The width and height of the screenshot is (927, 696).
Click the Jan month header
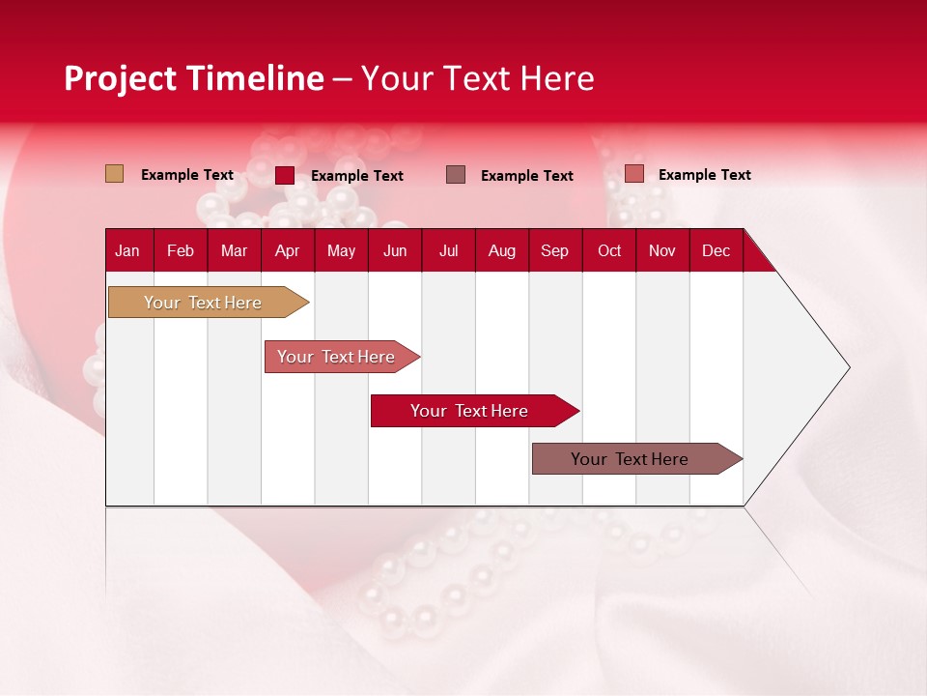(x=127, y=250)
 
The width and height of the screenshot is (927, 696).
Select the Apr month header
(x=287, y=250)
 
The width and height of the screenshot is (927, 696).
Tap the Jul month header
(x=448, y=250)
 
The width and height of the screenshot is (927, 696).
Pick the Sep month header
(x=554, y=250)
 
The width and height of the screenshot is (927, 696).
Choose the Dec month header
(x=716, y=250)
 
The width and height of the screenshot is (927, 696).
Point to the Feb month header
(x=181, y=250)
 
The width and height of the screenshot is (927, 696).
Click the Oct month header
(x=608, y=250)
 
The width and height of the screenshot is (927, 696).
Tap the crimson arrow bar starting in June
(x=470, y=411)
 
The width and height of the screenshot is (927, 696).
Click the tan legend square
(x=115, y=174)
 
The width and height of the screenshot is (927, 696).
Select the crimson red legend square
(x=285, y=175)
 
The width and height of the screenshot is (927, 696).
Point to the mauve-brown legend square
(x=456, y=174)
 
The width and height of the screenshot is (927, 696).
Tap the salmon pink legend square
(x=633, y=174)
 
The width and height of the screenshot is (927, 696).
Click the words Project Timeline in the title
(x=194, y=78)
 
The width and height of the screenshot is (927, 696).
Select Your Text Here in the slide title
(x=477, y=78)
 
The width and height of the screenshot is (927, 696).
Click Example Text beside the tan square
(x=187, y=175)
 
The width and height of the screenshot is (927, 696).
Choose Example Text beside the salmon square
(x=704, y=175)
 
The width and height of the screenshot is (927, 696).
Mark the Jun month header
(x=395, y=250)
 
